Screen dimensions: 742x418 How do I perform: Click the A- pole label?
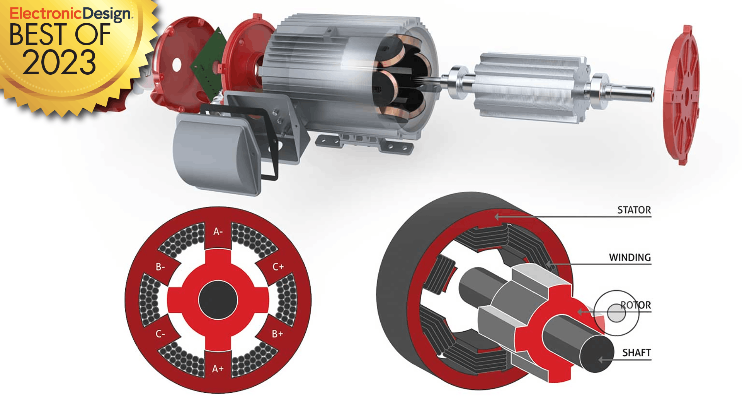pyautogui.click(x=218, y=231)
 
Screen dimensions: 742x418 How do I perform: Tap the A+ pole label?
pyautogui.click(x=218, y=369)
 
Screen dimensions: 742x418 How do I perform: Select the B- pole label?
pyautogui.click(x=160, y=267)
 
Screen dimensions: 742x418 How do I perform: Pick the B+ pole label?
pyautogui.click(x=277, y=334)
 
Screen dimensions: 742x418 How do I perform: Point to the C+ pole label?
pyautogui.click(x=278, y=267)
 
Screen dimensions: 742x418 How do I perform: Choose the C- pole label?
pyautogui.click(x=160, y=334)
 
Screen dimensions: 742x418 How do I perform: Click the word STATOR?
pyautogui.click(x=634, y=210)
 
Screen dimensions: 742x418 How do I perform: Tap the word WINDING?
pyautogui.click(x=630, y=257)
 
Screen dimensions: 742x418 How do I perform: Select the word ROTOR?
pyautogui.click(x=636, y=305)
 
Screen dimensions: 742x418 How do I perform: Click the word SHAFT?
pyautogui.click(x=636, y=353)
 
